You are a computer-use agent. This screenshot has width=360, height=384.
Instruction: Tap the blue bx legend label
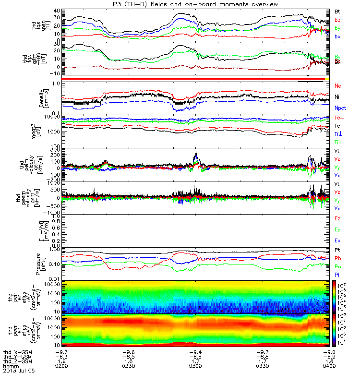[337, 36]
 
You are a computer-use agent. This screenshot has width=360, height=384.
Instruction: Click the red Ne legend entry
[338, 85]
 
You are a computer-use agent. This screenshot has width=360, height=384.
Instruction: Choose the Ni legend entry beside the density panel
[337, 96]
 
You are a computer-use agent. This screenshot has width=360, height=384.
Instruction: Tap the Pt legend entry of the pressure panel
[337, 251]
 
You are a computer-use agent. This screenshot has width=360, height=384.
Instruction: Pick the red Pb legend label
[337, 259]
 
